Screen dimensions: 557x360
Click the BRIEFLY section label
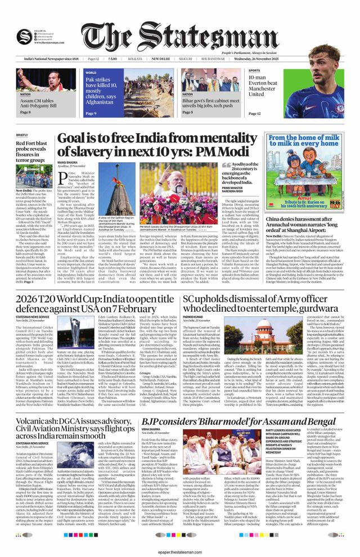(x=22, y=135)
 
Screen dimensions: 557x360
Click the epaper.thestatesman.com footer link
(x=179, y=551)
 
